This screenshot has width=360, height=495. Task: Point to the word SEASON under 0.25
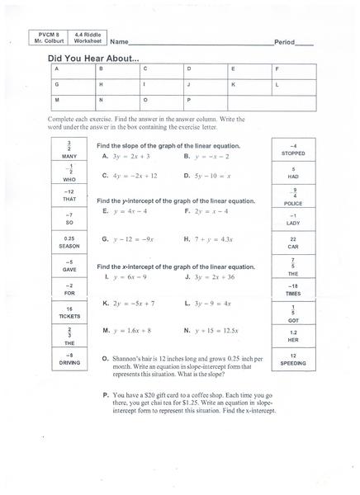(46, 246)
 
